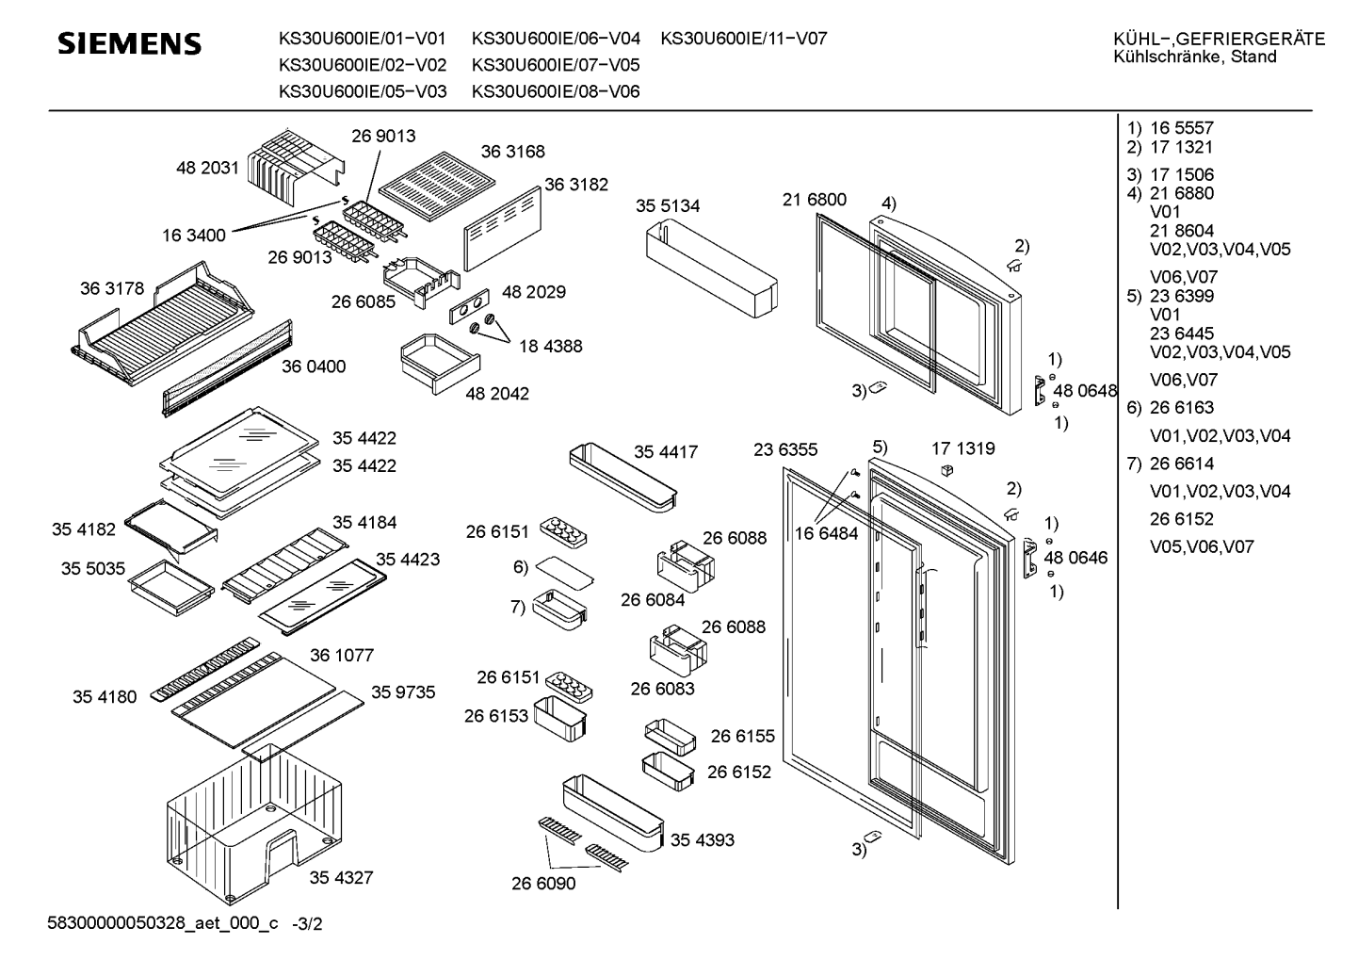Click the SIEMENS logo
coord(129,43)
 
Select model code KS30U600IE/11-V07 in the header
coord(743,39)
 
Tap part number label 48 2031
coord(207,168)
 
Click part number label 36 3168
coord(513,152)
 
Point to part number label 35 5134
coord(668,206)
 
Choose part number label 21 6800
coord(814,200)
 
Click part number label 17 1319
coord(963,448)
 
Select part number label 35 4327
coord(341,877)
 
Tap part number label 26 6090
coord(543,884)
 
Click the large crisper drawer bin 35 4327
coord(254,825)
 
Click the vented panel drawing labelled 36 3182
coord(503,229)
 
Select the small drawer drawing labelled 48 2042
coord(441,364)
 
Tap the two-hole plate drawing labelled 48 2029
coord(469,306)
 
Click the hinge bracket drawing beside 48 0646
coord(1030,558)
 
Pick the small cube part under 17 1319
coord(947,470)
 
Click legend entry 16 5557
coord(1182,128)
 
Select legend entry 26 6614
coord(1182,464)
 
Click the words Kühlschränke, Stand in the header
coord(1195,57)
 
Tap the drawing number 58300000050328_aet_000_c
coord(163,923)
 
